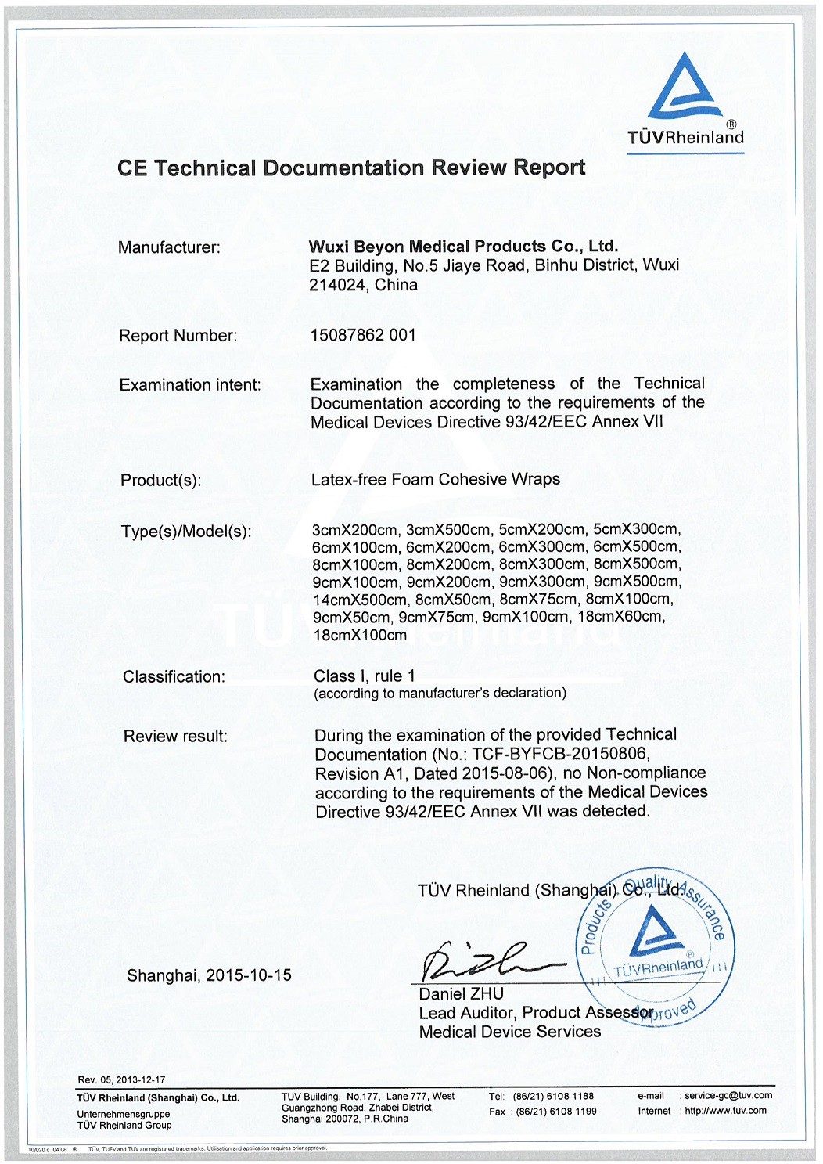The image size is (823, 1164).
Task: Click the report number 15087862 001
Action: [x=363, y=335]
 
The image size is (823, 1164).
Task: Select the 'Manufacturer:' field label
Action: [x=169, y=247]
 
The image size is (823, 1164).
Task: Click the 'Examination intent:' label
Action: [x=190, y=385]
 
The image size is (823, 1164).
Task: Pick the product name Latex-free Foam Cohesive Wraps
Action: [x=436, y=479]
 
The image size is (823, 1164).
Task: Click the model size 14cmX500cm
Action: [x=360, y=599]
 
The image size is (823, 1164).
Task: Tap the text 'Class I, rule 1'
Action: [x=365, y=676]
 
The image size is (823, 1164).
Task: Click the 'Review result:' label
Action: [x=175, y=736]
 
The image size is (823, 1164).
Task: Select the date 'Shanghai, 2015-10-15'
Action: [x=209, y=975]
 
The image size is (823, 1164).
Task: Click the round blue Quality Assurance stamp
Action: [x=654, y=944]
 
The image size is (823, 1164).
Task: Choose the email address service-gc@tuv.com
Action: [x=728, y=1095]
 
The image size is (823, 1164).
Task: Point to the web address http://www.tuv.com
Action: [x=725, y=1110]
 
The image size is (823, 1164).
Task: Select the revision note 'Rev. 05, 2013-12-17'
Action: [x=121, y=1079]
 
